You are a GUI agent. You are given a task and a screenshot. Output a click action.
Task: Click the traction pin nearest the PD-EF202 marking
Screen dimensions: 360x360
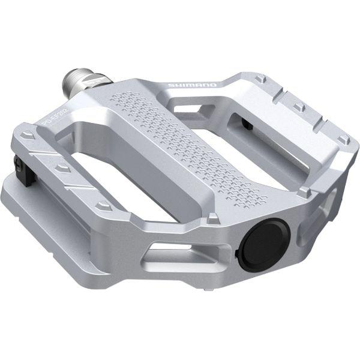pos(27,136)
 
